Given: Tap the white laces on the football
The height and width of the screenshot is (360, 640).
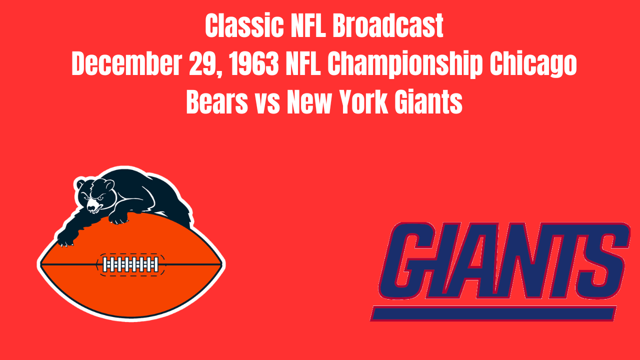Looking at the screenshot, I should tap(130, 264).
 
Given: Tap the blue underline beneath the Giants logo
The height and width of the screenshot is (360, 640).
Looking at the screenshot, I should tap(495, 313).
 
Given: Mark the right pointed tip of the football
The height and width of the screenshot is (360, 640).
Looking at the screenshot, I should tap(222, 263).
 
